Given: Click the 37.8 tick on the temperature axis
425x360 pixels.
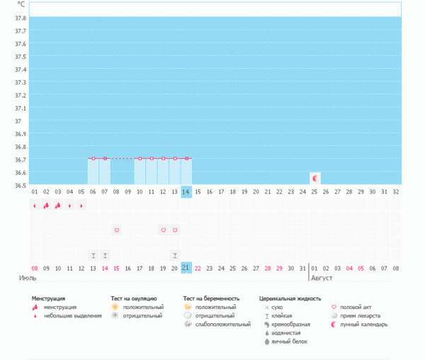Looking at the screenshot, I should (x=21, y=18).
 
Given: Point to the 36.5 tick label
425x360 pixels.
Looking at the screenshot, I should (x=21, y=185).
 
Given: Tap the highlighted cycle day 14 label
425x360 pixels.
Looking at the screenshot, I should (x=186, y=192).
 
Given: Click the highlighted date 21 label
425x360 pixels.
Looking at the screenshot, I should (x=186, y=268).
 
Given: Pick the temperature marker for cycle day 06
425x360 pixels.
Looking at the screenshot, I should (x=93, y=158).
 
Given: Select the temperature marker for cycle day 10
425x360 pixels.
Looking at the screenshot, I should (x=140, y=158).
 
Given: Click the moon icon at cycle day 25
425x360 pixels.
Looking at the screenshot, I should (x=315, y=177).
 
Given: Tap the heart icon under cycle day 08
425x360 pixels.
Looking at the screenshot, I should (x=116, y=230).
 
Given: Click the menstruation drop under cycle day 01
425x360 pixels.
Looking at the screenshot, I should (x=34, y=206).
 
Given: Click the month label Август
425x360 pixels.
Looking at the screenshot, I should (x=321, y=278).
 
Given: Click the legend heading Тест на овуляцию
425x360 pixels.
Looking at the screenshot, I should (x=134, y=299).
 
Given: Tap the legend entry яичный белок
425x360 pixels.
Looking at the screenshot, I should (x=288, y=342).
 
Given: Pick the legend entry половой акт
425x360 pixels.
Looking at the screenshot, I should (x=358, y=307).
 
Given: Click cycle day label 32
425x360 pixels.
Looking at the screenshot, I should (x=396, y=192).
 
